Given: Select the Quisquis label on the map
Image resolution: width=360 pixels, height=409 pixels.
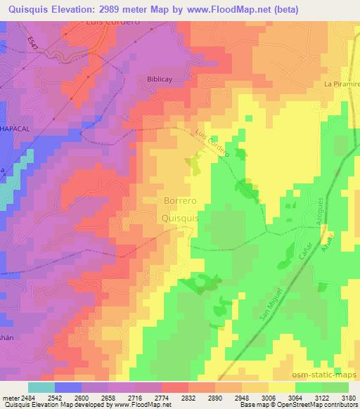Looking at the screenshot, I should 180,219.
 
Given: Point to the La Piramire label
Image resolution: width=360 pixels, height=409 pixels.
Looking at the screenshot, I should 341,84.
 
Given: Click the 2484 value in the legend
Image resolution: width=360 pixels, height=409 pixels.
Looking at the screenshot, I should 29,397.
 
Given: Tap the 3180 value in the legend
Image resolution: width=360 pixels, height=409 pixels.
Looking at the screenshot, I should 347,397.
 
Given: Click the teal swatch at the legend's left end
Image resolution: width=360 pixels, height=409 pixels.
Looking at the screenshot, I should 41,387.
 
